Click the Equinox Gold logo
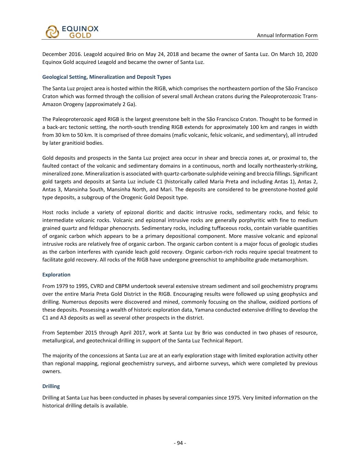coord(72,32)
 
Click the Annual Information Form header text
coord(287,36)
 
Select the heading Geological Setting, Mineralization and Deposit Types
coord(106,77)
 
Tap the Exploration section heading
coord(56,274)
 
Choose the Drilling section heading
coord(51,386)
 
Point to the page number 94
coord(180,443)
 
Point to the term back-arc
coord(52,127)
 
